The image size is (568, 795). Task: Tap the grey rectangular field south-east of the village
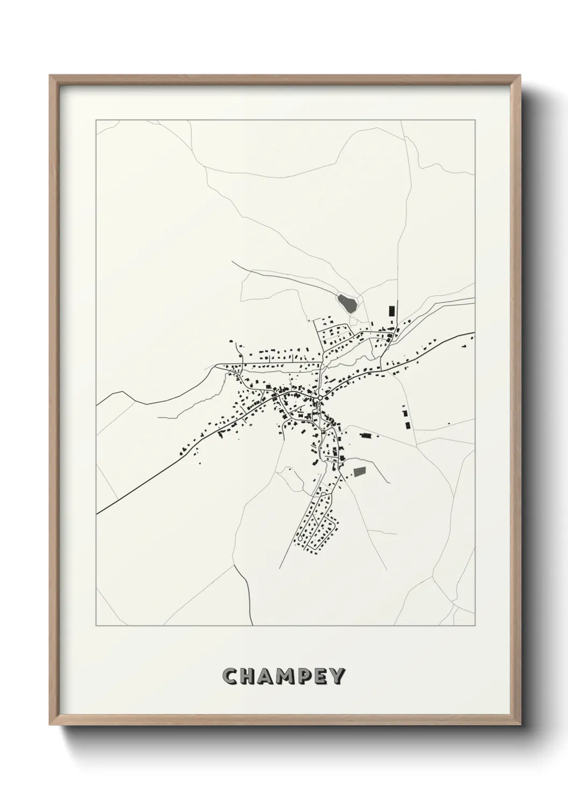coord(359,472)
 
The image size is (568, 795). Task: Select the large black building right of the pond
coord(391,311)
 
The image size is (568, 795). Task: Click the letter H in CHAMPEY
coord(247,677)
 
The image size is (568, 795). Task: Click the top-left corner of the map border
coord(96,120)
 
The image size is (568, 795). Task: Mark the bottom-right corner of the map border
coord(475,626)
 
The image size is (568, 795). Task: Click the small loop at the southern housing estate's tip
coord(301,537)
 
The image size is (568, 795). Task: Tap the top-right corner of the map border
coord(475,120)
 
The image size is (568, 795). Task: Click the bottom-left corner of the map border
coord(96,626)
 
